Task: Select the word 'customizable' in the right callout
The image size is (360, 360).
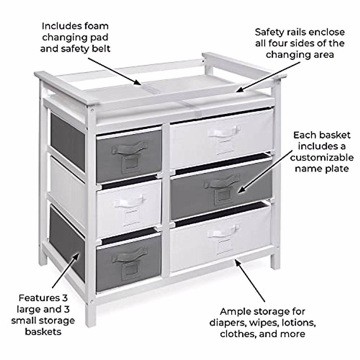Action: pos(322,157)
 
